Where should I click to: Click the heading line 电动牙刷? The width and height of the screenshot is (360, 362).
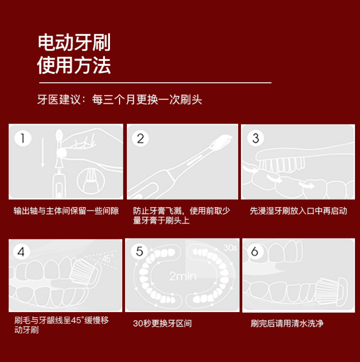pos(74,42)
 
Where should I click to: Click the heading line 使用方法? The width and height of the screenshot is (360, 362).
pos(74,65)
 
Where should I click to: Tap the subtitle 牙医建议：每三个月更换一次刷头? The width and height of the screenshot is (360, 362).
pos(120,100)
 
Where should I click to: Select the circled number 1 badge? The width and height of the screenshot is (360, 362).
pos(22,138)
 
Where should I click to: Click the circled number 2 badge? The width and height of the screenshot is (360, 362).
pos(140,138)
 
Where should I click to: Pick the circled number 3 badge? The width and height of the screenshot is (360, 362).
pos(255,138)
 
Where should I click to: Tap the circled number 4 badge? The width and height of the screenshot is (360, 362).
pos(21,251)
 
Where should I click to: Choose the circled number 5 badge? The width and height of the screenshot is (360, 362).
pos(139,251)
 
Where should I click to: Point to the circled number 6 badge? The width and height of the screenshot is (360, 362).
pos(254,251)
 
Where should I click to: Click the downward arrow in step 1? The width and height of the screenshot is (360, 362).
pos(43,152)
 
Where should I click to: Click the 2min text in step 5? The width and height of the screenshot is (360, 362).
pos(183,276)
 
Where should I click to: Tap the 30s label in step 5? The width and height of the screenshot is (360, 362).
pos(230,248)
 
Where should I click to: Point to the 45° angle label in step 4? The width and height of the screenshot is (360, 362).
pos(108,258)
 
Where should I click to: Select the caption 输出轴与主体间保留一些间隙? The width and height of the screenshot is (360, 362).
pos(66,211)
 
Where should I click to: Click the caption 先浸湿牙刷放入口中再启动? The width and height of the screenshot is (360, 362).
pos(298,211)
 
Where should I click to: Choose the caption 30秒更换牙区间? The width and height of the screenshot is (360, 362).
pos(162,323)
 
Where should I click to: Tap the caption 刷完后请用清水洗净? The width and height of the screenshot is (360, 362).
pos(287,323)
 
